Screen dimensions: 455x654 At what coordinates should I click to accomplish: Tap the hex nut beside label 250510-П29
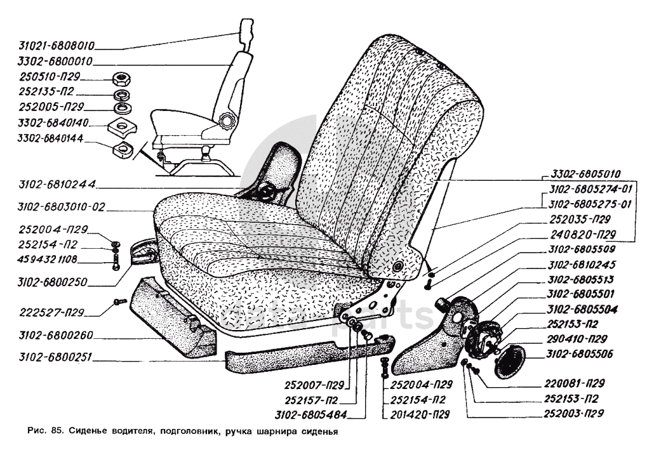pyautogui.click(x=119, y=79)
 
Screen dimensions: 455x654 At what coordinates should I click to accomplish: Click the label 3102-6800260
pyautogui.click(x=48, y=337)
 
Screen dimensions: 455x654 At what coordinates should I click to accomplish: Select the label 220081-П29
pyautogui.click(x=573, y=383)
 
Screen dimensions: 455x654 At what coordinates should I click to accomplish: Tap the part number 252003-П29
pyautogui.click(x=573, y=414)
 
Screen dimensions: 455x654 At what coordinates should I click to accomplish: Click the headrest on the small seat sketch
pyautogui.click(x=246, y=29)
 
